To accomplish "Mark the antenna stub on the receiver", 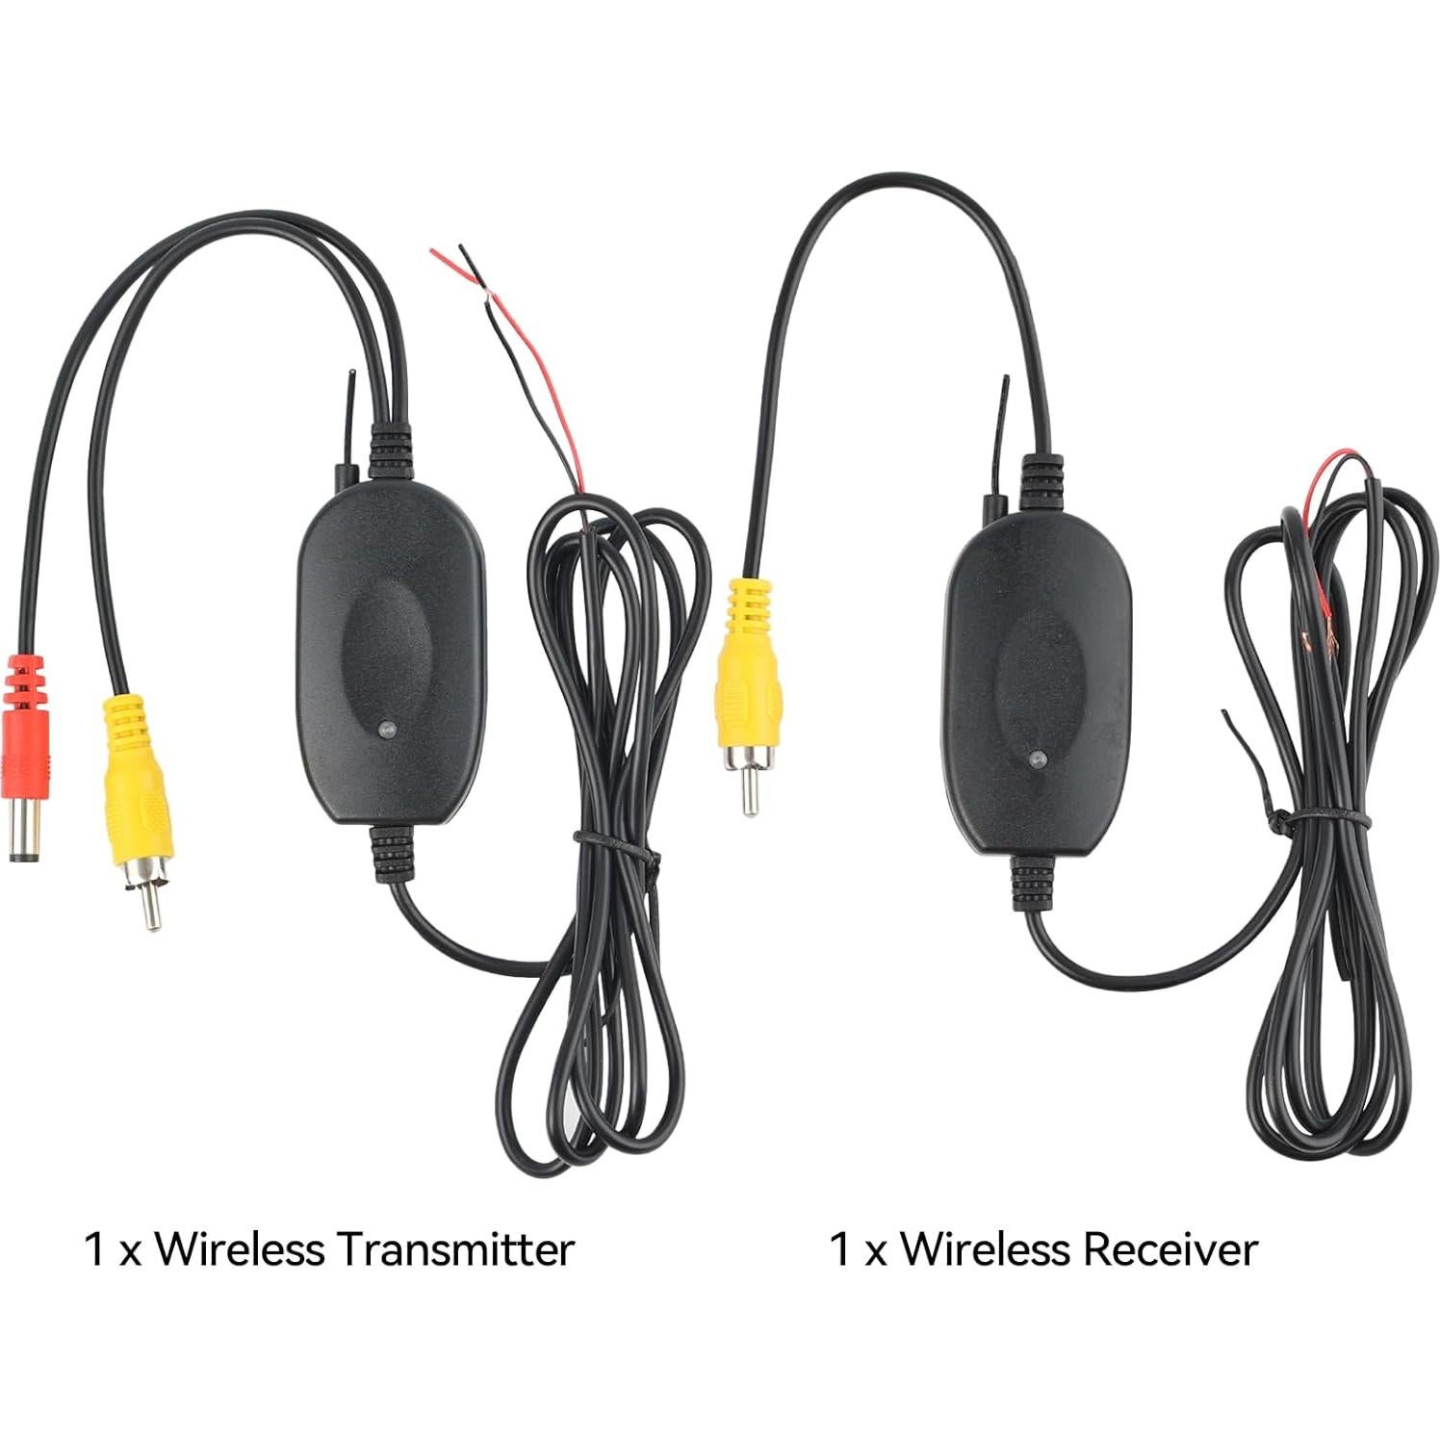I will [x=1004, y=424].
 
